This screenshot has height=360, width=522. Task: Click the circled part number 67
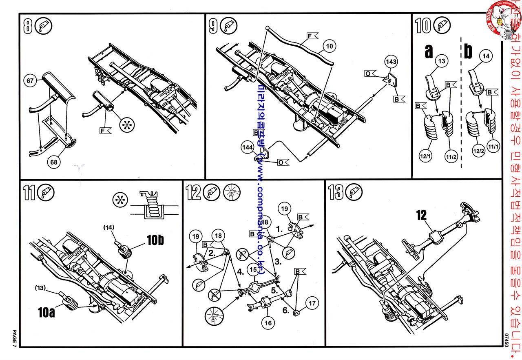pyautogui.click(x=31, y=80)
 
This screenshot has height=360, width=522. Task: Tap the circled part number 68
pyautogui.click(x=53, y=162)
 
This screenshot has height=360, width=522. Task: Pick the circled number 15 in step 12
pyautogui.click(x=253, y=270)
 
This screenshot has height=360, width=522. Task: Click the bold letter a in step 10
pyautogui.click(x=429, y=51)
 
